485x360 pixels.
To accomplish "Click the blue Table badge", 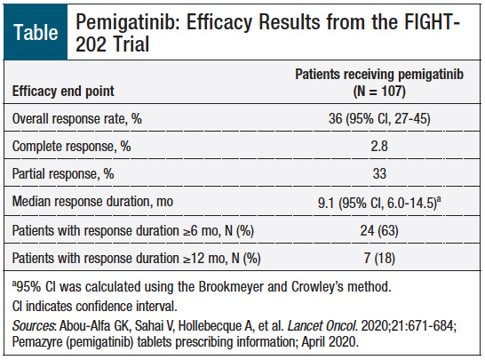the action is pyautogui.click(x=36, y=32).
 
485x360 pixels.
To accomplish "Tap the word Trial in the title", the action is pyautogui.click(x=131, y=44).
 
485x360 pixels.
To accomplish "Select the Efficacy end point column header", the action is pyautogui.click(x=63, y=92).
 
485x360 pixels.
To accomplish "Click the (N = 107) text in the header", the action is pyautogui.click(x=379, y=92).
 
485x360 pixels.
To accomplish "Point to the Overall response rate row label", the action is pyautogui.click(x=77, y=118).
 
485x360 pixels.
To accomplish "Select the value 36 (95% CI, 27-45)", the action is pyautogui.click(x=379, y=118).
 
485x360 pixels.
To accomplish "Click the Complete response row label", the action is pyautogui.click(x=71, y=146).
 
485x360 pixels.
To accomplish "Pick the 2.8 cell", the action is pyautogui.click(x=379, y=146).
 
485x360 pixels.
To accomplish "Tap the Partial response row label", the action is pyautogui.click(x=63, y=173).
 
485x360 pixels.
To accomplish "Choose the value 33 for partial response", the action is pyautogui.click(x=379, y=173).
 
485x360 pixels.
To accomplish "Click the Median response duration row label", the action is pyautogui.click(x=92, y=202).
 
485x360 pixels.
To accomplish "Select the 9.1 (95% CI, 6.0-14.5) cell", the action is pyautogui.click(x=379, y=203).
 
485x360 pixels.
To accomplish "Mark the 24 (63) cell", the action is pyautogui.click(x=379, y=230).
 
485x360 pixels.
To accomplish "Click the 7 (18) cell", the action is pyautogui.click(x=379, y=258).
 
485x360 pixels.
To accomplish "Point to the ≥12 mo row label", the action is pyautogui.click(x=136, y=258).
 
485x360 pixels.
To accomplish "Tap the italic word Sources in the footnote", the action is pyautogui.click(x=34, y=325).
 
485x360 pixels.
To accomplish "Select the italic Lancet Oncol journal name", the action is pyautogui.click(x=322, y=325).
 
